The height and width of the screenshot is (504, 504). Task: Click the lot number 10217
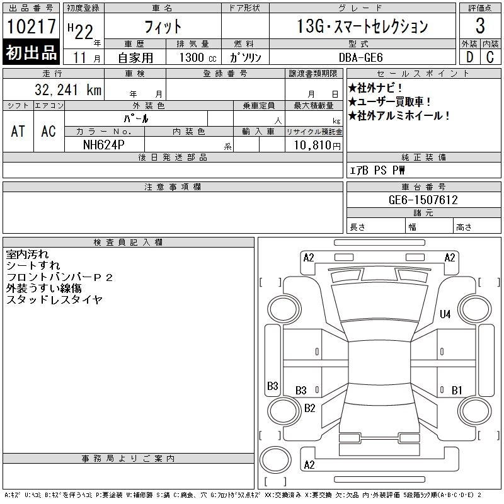pos(31,26)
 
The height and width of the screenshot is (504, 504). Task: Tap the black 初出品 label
pos(31,52)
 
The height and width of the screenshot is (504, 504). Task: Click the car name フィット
pos(163,26)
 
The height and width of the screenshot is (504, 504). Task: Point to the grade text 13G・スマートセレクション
pos(362,26)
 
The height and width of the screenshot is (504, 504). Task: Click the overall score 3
pos(480,26)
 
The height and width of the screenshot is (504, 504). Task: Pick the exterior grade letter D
pos(469,57)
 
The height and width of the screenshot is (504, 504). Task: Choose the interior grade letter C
pos(490,57)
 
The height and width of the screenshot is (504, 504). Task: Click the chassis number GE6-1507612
pos(423,200)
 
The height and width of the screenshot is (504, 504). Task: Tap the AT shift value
pos(18,131)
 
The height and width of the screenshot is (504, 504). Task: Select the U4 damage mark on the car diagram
pos(445,314)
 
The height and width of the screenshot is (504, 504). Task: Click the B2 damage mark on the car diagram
pos(309,408)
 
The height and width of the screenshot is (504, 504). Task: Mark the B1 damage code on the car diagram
pos(457,390)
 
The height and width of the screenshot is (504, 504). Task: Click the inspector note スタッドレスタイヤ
pos(54,300)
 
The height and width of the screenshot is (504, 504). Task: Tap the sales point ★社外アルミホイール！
pos(399,115)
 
